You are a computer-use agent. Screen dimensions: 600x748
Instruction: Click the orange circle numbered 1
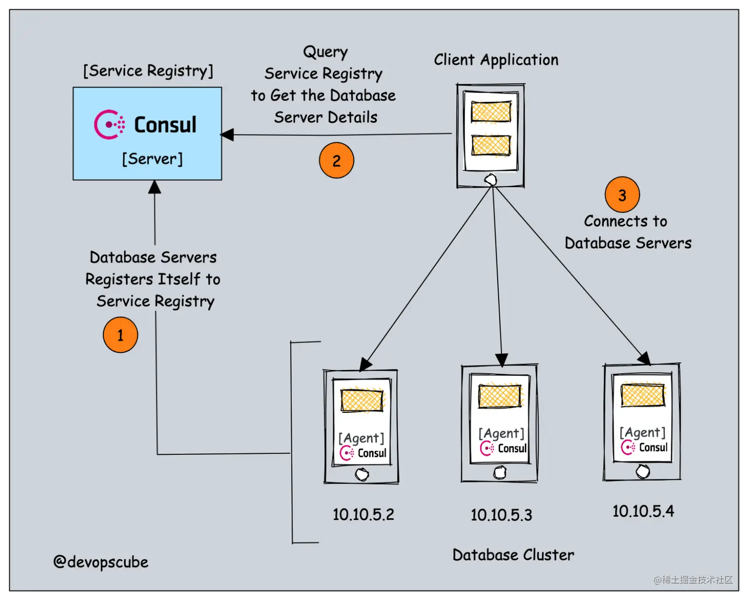point(120,335)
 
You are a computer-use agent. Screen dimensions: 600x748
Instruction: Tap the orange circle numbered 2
point(336,160)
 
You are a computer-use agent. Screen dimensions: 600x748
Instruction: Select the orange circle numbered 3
point(622,195)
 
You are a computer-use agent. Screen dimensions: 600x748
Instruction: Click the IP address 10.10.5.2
point(363,514)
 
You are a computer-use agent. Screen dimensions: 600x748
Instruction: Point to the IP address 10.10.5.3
point(501,515)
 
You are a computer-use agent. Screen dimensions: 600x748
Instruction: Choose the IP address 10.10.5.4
point(643,511)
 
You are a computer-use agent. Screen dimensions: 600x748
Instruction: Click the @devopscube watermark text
point(101,562)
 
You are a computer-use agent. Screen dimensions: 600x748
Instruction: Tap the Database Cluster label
point(513,555)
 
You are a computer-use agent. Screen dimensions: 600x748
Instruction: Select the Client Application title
point(496,60)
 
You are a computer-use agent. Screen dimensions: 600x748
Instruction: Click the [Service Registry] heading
point(148,71)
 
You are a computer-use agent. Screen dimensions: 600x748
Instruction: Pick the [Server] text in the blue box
point(152,159)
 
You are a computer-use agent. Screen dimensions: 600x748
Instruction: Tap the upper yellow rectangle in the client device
point(491,111)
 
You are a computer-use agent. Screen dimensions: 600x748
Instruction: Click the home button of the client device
point(491,179)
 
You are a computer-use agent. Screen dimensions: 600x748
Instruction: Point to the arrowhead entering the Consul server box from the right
point(227,134)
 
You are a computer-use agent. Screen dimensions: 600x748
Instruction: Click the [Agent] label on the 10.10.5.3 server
point(501,433)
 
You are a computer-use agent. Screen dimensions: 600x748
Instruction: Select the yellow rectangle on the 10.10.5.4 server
point(643,395)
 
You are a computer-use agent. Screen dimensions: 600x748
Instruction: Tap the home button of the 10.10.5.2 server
point(362,474)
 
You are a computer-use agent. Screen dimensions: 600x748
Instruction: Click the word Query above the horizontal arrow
point(325,52)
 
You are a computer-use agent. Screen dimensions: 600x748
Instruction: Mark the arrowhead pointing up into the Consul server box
point(155,187)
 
